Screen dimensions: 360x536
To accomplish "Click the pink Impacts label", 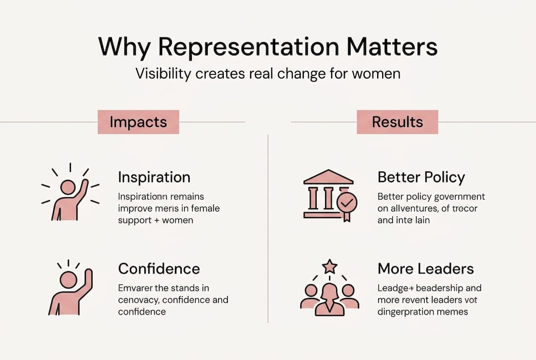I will point(138,122).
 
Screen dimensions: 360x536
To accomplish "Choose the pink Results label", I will point(397,122).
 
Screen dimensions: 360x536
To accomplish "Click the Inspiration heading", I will point(154,177).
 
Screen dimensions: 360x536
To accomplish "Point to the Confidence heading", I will point(159,268).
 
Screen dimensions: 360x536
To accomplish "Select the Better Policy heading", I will point(421,177).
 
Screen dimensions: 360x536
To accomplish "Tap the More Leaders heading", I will point(426,268).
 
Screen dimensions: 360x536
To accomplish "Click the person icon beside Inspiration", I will point(68,197).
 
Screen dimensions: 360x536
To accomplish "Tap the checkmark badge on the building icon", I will point(346,203).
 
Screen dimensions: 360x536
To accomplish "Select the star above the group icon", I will point(330,266).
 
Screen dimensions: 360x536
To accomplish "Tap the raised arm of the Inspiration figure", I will point(82,189).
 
